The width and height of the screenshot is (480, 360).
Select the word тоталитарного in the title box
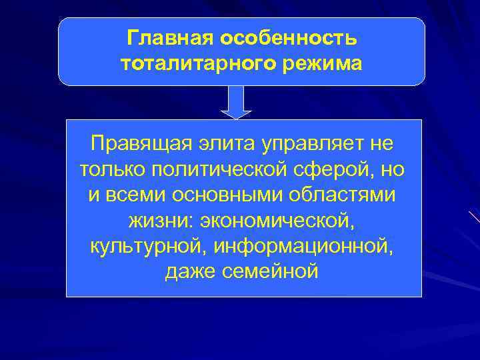[189, 64]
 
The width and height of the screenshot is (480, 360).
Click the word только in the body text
[111, 169]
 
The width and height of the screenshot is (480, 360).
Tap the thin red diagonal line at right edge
[473, 217]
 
